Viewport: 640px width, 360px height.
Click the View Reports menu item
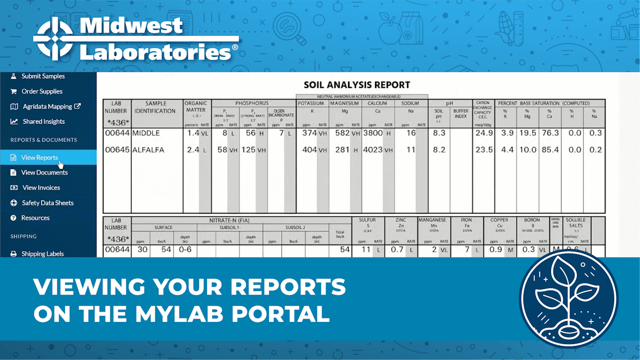tap(39, 157)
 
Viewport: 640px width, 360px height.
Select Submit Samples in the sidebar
tap(43, 76)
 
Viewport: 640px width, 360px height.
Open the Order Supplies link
tap(42, 91)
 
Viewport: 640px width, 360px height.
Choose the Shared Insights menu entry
tap(43, 121)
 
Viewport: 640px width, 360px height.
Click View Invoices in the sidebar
tap(41, 187)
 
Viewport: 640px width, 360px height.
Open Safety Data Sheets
tap(47, 203)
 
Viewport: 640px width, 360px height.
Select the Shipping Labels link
tap(42, 253)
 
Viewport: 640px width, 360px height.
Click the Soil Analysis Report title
tap(357, 85)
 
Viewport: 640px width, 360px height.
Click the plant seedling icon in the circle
tap(568, 298)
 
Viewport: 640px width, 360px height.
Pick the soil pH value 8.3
tap(438, 133)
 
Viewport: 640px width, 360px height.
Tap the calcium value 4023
tap(372, 149)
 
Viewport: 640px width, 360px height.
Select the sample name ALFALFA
tap(148, 149)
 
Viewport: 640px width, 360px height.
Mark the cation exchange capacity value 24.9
tap(483, 133)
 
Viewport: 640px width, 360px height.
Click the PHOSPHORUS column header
tap(252, 103)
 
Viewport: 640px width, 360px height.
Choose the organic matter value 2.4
tap(193, 149)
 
